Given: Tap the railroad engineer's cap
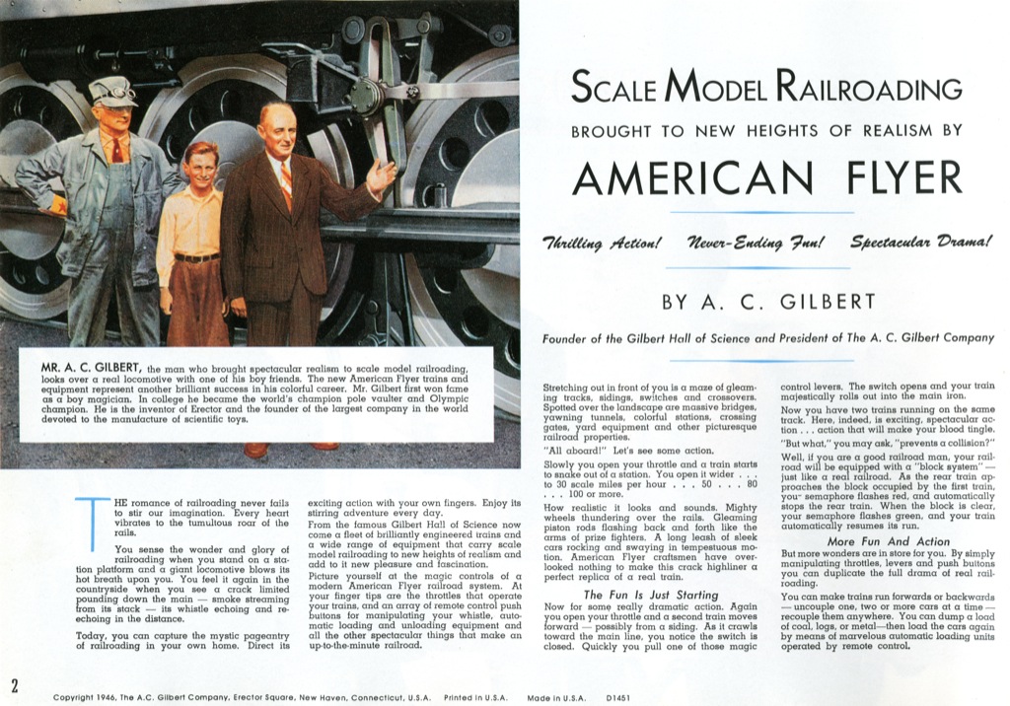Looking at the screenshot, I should pyautogui.click(x=111, y=92).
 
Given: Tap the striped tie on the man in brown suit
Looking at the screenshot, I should pyautogui.click(x=285, y=183).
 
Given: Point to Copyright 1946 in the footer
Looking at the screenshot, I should pyautogui.click(x=88, y=697).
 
